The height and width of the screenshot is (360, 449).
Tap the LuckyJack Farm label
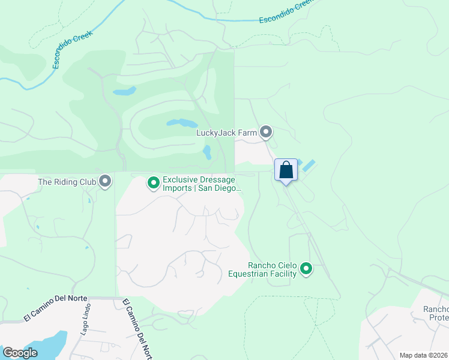[227, 133]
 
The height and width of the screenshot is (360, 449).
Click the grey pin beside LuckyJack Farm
[266, 132]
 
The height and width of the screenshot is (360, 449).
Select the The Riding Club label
[67, 181]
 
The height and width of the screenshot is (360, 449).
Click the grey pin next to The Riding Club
[106, 181]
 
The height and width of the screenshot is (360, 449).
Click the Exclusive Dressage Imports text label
[201, 184]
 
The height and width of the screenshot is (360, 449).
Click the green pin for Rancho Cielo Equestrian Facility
[306, 269]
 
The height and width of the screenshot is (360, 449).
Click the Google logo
[20, 353]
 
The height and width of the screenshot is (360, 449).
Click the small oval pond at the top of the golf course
[124, 92]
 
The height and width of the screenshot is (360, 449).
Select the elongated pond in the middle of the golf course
[181, 123]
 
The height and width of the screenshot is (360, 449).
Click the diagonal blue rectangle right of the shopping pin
[309, 165]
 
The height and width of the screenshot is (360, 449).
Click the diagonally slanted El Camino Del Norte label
[136, 329]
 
